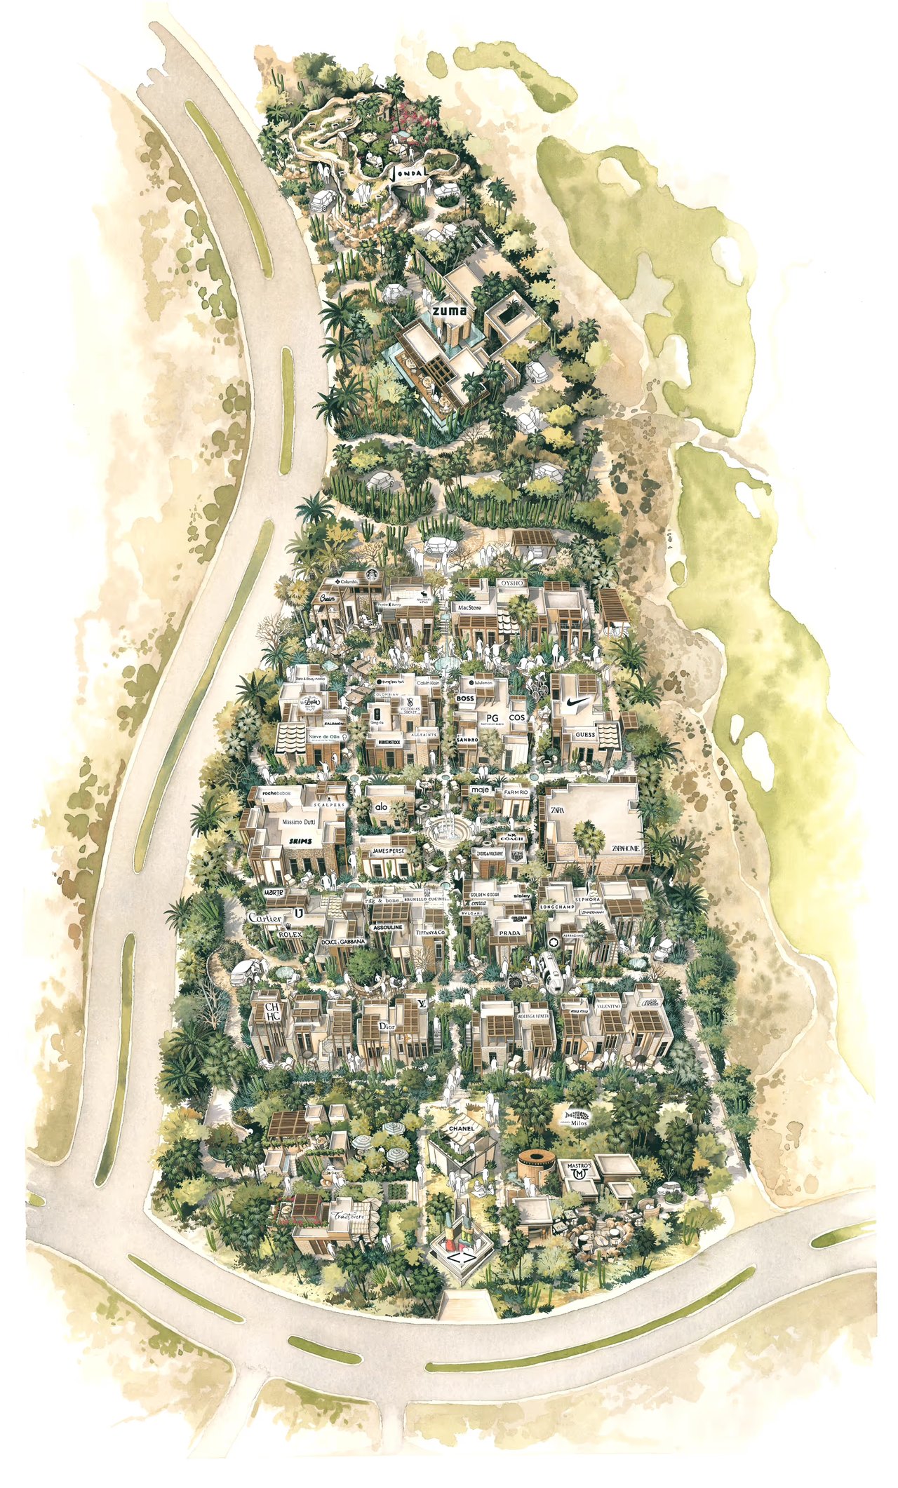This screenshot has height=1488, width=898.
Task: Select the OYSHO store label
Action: pyautogui.click(x=515, y=583)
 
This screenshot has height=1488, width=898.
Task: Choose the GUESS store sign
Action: pyautogui.click(x=585, y=735)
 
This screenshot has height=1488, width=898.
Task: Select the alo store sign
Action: pyautogui.click(x=381, y=808)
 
